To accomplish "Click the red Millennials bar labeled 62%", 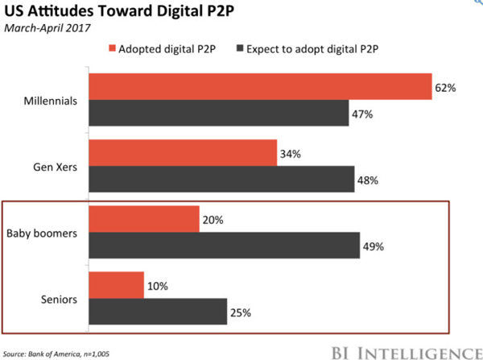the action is point(261,87).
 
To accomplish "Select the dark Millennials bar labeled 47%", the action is point(219,113).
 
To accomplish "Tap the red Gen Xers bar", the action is point(183,153).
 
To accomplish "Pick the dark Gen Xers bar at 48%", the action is point(222,179).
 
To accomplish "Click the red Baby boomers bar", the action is point(144,219).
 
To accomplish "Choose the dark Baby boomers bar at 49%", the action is point(225,246).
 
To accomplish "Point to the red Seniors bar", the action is point(117,285).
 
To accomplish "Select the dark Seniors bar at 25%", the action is point(158,312).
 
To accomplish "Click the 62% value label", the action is point(445,88).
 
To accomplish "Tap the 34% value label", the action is point(291,154).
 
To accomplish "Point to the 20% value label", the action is point(213,220).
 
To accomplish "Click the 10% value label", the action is point(158,287).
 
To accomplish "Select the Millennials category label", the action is point(51,101).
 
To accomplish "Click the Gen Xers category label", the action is point(55,167).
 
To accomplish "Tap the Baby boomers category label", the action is point(42,234).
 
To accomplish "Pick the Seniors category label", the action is point(59,300).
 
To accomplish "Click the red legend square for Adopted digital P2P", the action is point(112,48).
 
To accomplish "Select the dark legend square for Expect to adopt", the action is point(240,48).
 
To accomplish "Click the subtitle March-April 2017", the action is point(47,28).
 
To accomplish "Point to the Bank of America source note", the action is point(56,354).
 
